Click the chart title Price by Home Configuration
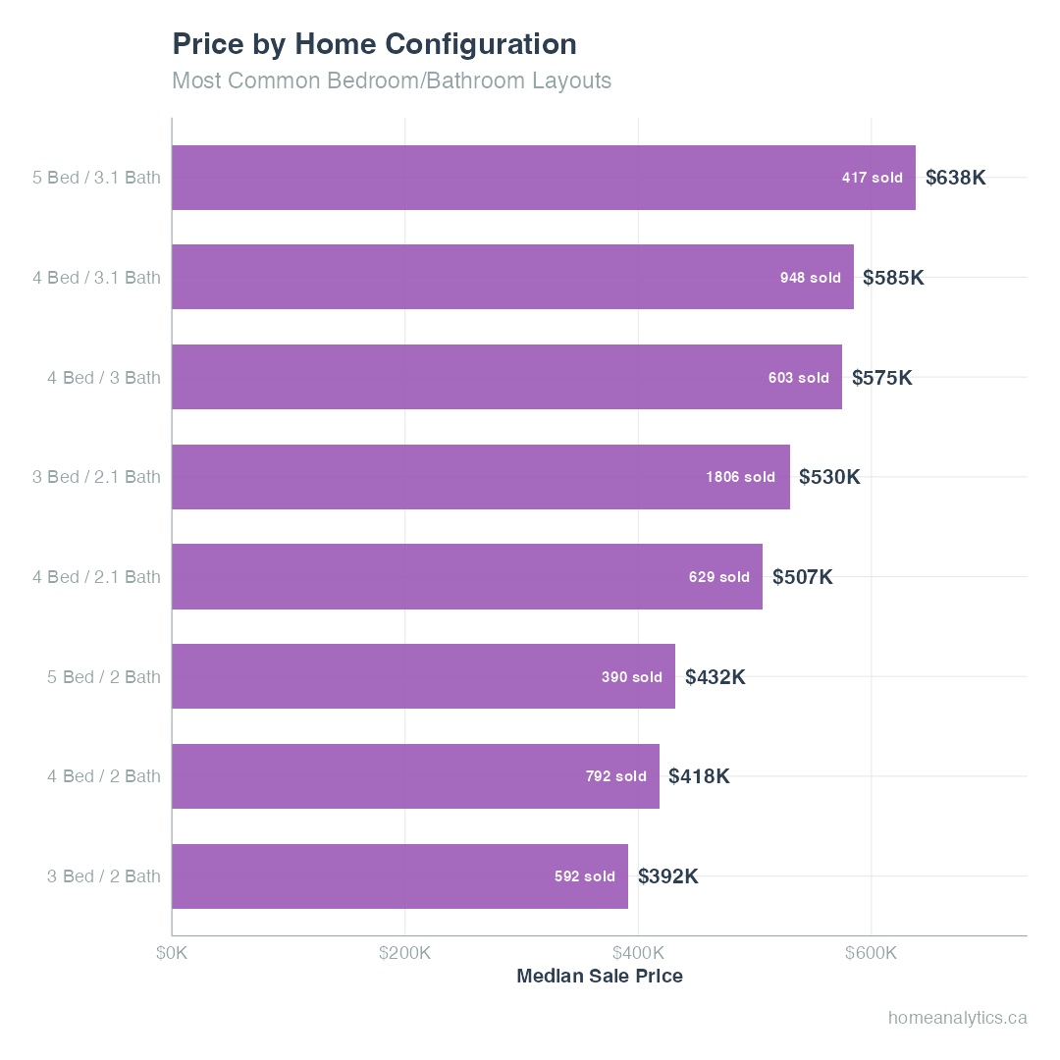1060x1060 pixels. [x=374, y=44]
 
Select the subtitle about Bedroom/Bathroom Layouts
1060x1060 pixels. [x=392, y=80]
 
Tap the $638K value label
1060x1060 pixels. [x=955, y=178]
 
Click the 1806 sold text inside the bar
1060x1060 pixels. [x=740, y=477]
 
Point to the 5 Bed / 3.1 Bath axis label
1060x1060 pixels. [x=96, y=178]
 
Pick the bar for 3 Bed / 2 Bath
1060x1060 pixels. [x=399, y=876]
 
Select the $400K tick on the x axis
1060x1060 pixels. [x=638, y=953]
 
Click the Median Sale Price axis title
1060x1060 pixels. [x=599, y=977]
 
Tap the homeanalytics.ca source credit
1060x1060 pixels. [x=957, y=1018]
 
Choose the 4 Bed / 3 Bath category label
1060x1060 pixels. [x=104, y=377]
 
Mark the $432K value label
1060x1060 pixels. [x=715, y=677]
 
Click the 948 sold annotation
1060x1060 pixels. [x=810, y=278]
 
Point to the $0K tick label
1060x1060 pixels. [x=173, y=953]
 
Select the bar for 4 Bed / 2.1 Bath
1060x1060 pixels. [x=467, y=577]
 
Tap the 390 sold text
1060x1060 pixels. [x=631, y=677]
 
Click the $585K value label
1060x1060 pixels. [x=893, y=278]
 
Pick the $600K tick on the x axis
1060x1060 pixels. [x=871, y=953]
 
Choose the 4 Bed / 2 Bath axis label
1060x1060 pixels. [x=104, y=776]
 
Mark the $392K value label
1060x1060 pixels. [x=667, y=876]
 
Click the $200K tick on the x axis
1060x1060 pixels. [x=404, y=953]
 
